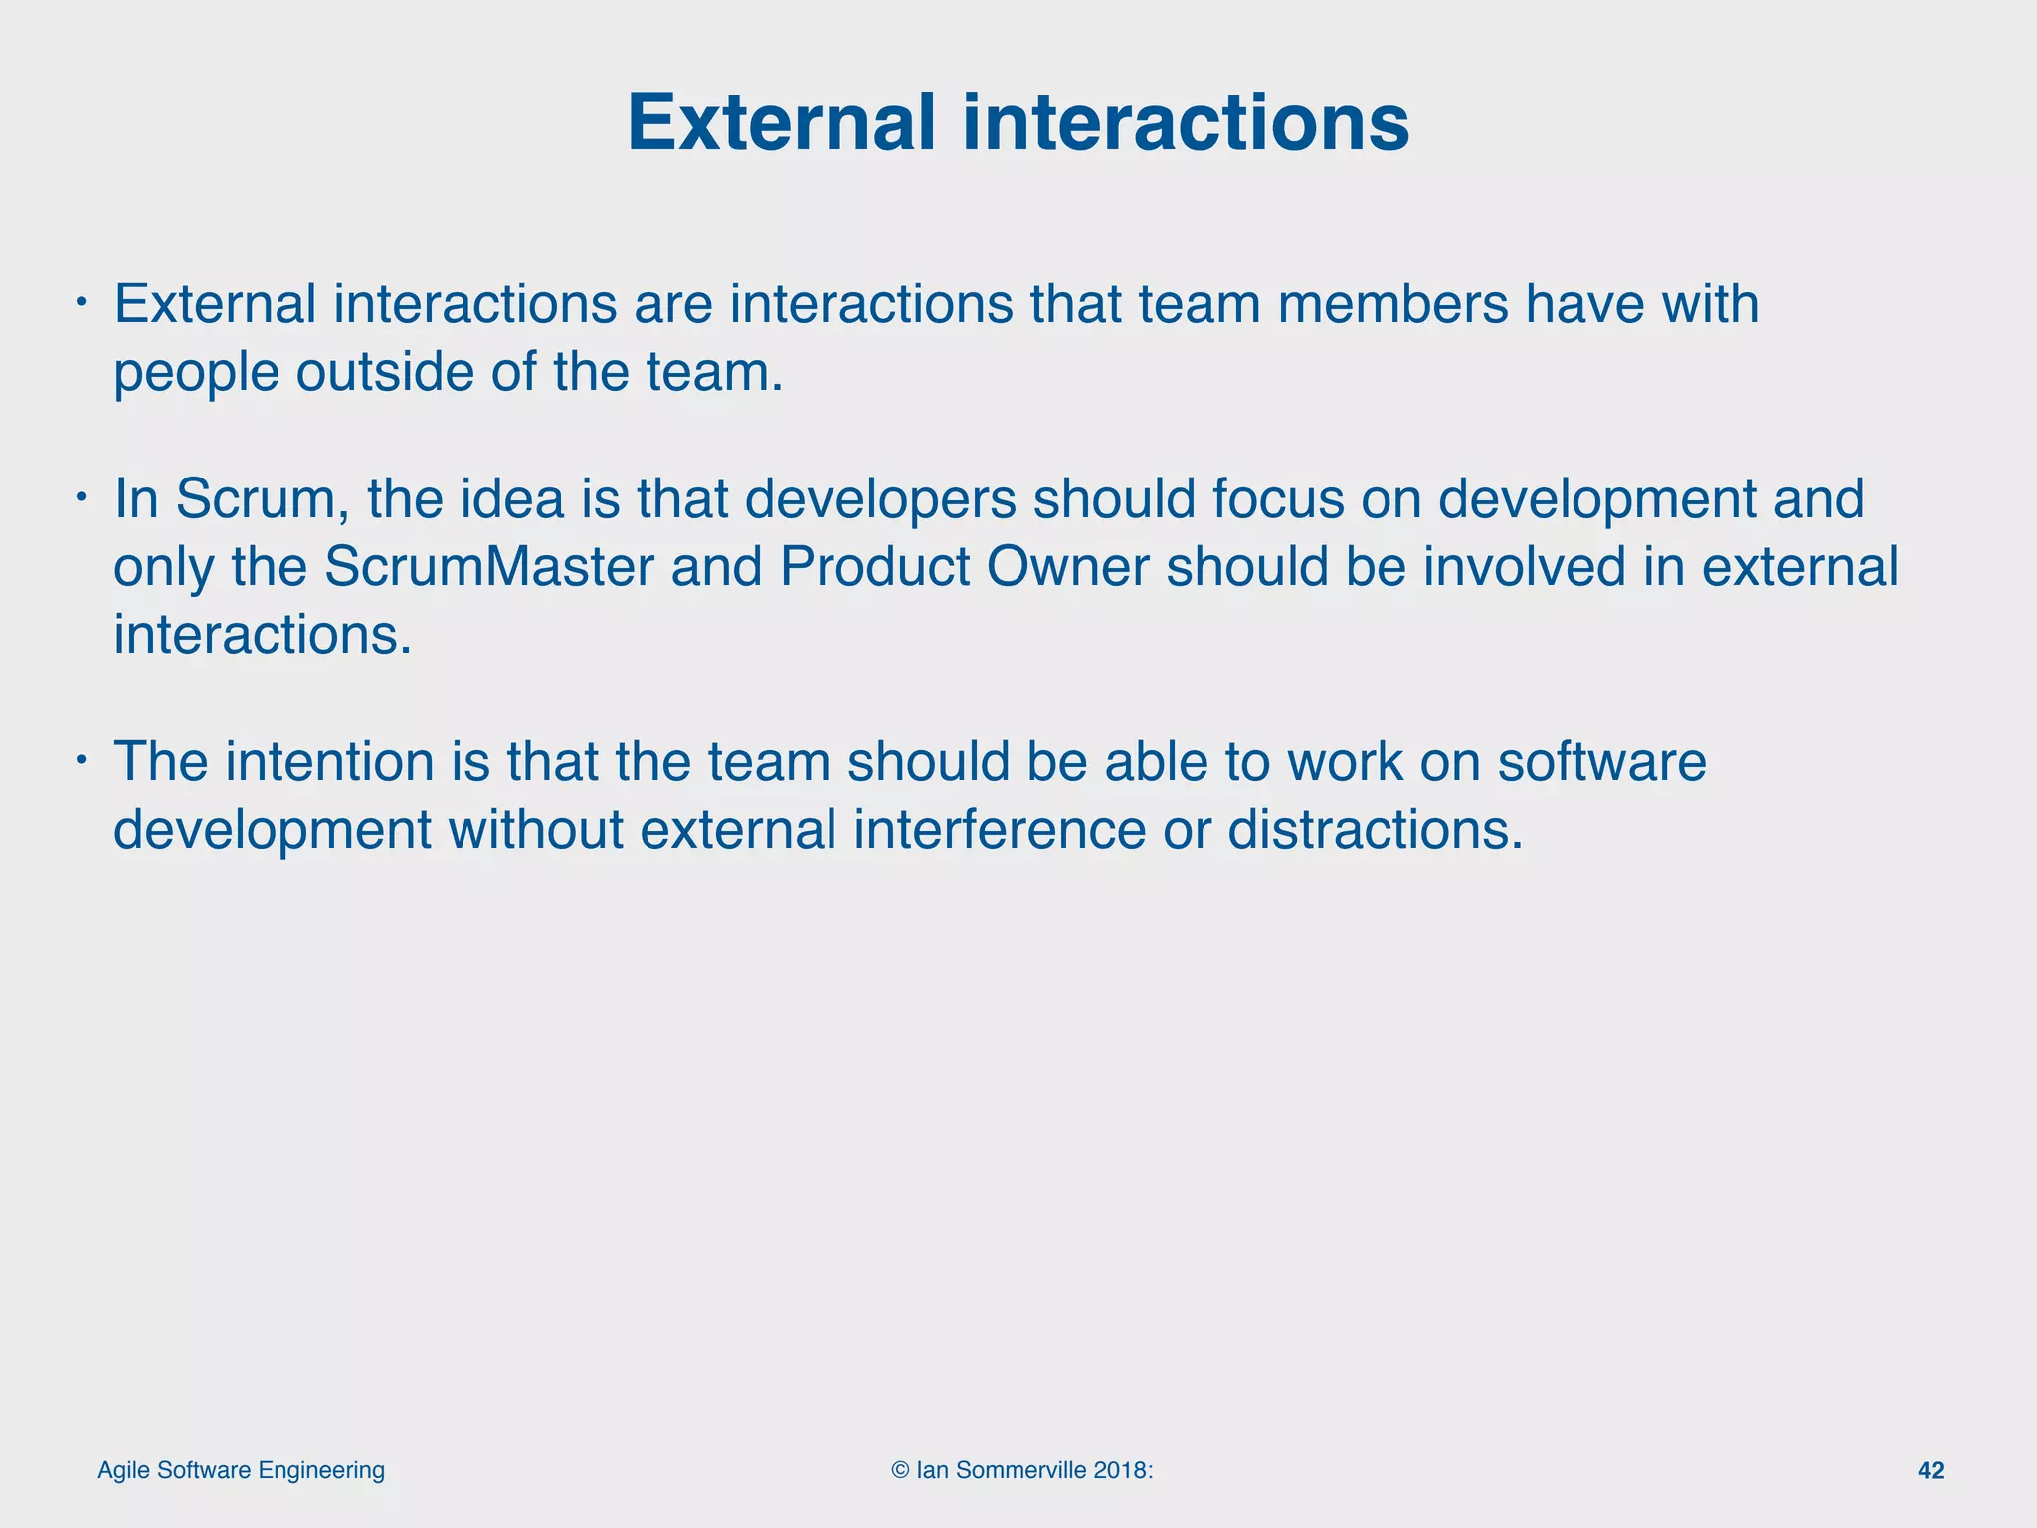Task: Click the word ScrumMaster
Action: [488, 567]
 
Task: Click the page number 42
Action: [1930, 1471]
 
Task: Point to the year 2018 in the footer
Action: [1120, 1471]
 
